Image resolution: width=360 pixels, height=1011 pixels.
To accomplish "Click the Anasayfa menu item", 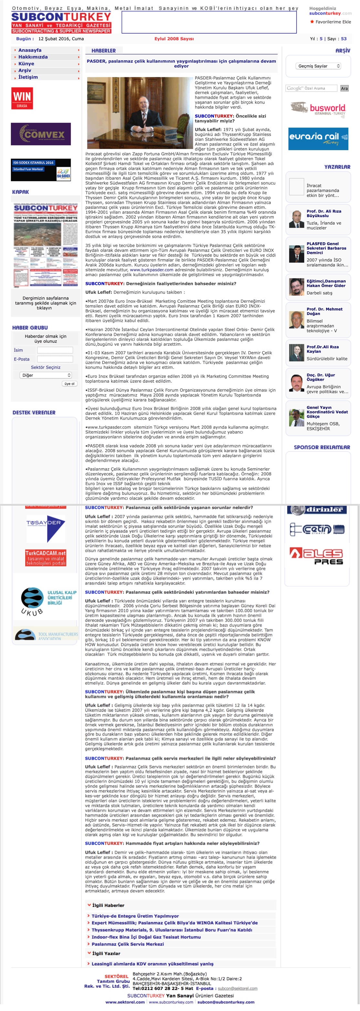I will point(30,50).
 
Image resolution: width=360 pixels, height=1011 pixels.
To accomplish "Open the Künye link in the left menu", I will point(26,64).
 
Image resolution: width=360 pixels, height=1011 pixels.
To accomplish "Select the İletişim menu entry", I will point(28,77).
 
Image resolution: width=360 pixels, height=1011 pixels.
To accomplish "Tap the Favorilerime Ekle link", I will point(333,22).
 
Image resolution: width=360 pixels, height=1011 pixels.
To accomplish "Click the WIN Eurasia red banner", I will point(22,98).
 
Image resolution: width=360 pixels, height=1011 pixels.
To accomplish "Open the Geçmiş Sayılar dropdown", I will point(318,66).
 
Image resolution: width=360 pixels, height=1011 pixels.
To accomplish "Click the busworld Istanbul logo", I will point(318,108).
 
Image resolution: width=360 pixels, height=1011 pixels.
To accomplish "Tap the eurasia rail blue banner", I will point(318,139).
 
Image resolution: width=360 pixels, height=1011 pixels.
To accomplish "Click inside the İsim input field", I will point(55,350).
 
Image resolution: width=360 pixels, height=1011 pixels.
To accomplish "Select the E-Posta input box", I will point(55,359).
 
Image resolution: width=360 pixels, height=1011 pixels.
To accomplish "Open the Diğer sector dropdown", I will point(46,375).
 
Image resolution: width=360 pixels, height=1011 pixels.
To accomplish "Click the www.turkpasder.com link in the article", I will point(152,270).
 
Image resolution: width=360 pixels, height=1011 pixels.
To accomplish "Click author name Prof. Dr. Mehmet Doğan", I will point(324,311).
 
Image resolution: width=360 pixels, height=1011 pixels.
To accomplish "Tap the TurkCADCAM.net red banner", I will point(46,558).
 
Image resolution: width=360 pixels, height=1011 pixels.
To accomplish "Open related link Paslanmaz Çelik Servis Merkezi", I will point(128,944).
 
